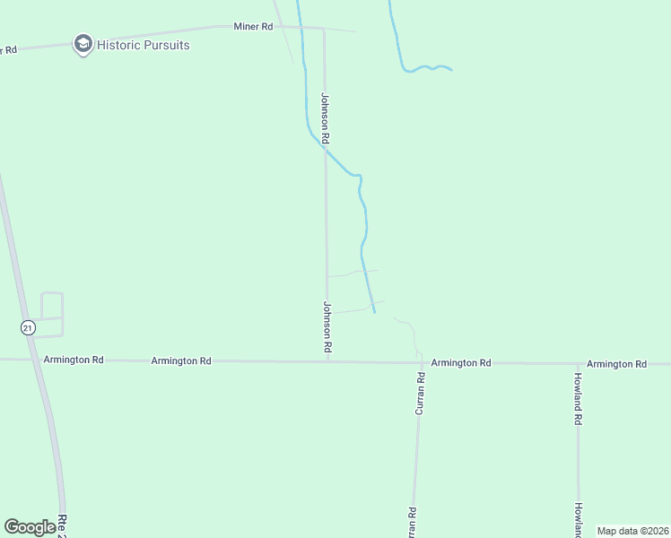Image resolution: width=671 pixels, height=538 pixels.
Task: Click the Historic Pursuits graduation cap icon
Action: [x=83, y=44]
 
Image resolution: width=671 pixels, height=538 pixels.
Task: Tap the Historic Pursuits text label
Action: [x=144, y=44]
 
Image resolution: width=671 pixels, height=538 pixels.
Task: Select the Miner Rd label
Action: [x=253, y=27]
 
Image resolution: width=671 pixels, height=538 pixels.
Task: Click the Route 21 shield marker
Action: [x=29, y=328]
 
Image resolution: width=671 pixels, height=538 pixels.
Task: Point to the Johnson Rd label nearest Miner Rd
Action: [x=326, y=118]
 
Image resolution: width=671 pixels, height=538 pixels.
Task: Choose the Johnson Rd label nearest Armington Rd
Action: [x=327, y=326]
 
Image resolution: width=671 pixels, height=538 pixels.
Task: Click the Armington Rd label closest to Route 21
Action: [x=74, y=360]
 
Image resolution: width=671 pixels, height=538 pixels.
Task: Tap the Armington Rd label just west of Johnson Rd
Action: [x=181, y=360]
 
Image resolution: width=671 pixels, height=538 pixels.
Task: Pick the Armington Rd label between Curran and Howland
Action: [x=461, y=363]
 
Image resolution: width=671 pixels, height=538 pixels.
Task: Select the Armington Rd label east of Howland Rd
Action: [x=617, y=364]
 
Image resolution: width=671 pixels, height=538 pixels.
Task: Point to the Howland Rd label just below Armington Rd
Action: [x=579, y=397]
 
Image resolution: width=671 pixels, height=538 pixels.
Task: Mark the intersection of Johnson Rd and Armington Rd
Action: [x=327, y=361]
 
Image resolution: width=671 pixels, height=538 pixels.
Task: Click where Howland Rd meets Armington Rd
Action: [x=578, y=364]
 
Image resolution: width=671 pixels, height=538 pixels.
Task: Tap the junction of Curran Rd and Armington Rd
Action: [x=419, y=362]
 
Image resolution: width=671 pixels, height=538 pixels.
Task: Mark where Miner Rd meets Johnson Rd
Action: [x=323, y=29]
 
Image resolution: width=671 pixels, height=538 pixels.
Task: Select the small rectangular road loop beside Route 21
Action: [x=52, y=314]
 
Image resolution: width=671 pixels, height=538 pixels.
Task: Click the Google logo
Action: [x=30, y=527]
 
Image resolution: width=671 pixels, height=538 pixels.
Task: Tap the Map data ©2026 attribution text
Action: [x=632, y=531]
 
